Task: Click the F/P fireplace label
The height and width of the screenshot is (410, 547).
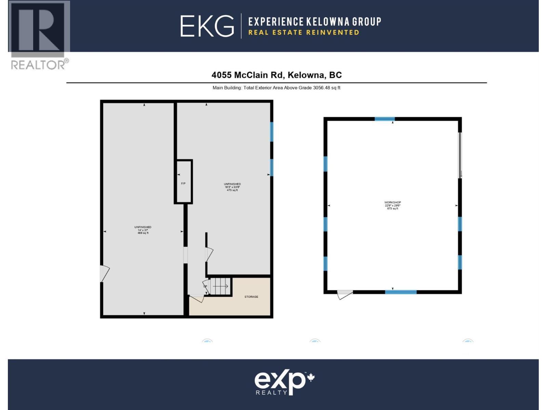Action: pyautogui.click(x=183, y=183)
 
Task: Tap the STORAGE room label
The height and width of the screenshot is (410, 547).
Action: pyautogui.click(x=251, y=297)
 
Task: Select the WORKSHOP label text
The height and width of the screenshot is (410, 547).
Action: pyautogui.click(x=392, y=203)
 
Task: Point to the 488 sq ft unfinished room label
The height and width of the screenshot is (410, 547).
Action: pyautogui.click(x=143, y=230)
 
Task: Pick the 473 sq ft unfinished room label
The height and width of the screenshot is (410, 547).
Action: pyautogui.click(x=232, y=187)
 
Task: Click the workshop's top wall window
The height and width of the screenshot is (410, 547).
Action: pyautogui.click(x=385, y=119)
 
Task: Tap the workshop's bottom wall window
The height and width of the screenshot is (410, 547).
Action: pyautogui.click(x=401, y=292)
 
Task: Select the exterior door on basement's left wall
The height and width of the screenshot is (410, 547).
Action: pyautogui.click(x=104, y=273)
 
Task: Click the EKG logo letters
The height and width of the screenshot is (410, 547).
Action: pyautogui.click(x=207, y=26)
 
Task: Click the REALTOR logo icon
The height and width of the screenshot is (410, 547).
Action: pyautogui.click(x=39, y=31)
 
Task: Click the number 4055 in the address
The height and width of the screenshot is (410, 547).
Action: pyautogui.click(x=221, y=75)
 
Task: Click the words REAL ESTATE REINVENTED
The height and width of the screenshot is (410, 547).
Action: pyautogui.click(x=304, y=32)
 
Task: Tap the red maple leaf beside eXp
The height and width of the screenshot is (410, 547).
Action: pyautogui.click(x=311, y=378)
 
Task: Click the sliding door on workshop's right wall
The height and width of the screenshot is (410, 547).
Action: pyautogui.click(x=460, y=155)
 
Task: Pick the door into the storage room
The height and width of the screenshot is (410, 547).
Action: pyautogui.click(x=197, y=298)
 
